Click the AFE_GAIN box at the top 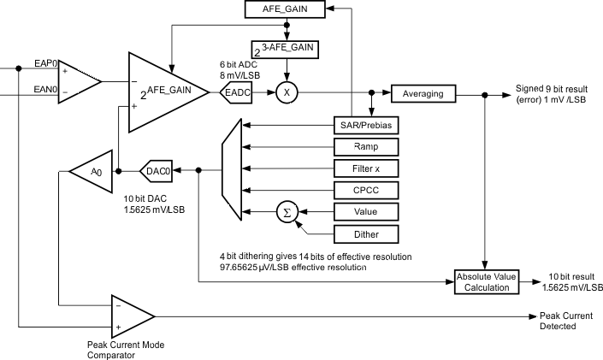[285, 10]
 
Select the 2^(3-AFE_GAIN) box [286, 50]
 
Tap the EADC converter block [237, 93]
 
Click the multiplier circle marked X [285, 93]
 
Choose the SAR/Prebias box [365, 126]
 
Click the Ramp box [365, 147]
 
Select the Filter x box [365, 168]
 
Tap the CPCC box [365, 190]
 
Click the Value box [365, 211]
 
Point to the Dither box [365, 233]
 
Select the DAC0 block [157, 170]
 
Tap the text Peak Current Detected [560, 322]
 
